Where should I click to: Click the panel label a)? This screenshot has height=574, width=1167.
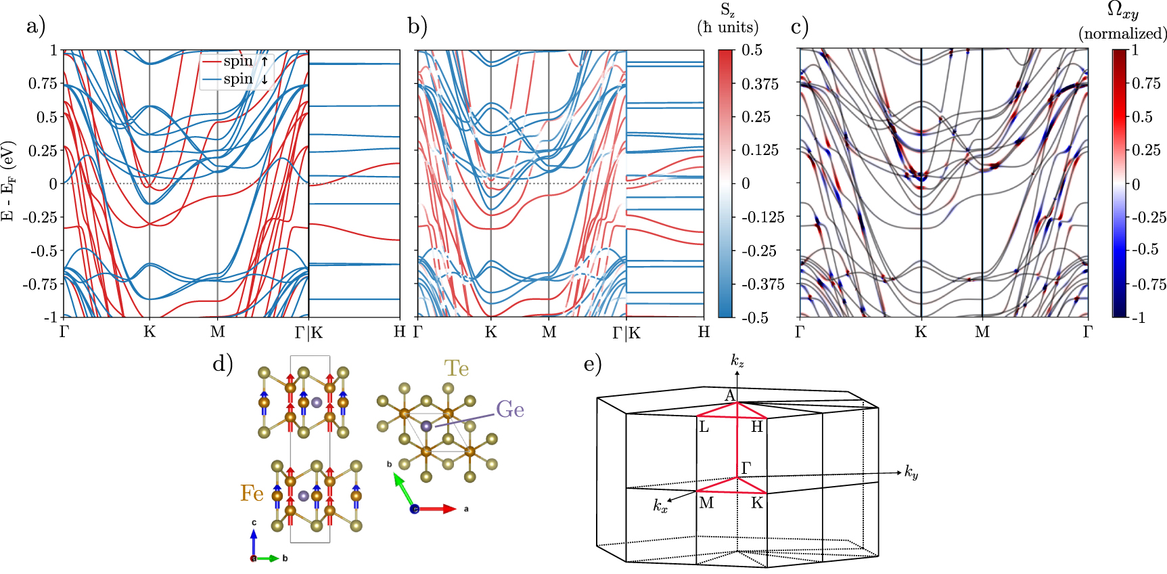pos(35,26)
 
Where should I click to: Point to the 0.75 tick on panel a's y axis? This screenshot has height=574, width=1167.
pos(43,83)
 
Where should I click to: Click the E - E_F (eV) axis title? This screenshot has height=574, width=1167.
pos(8,181)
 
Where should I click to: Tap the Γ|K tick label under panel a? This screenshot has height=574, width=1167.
pos(309,332)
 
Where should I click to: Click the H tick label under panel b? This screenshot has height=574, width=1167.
pos(704,332)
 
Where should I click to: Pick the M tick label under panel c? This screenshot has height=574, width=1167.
pos(982,332)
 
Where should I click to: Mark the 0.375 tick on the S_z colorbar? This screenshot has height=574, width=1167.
pos(760,84)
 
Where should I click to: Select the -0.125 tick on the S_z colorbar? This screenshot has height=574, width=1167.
pos(763,217)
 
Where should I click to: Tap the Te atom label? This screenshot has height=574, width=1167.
pos(457,368)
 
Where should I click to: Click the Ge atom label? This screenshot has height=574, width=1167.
pos(510,410)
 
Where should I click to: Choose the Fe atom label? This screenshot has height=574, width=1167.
pos(252,493)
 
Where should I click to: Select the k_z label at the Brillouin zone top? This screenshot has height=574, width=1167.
pos(737,360)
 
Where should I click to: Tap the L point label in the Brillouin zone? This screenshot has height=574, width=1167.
pos(704,427)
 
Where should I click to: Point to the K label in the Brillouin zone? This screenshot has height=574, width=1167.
pos(757,503)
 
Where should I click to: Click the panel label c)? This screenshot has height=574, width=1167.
pos(800,26)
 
